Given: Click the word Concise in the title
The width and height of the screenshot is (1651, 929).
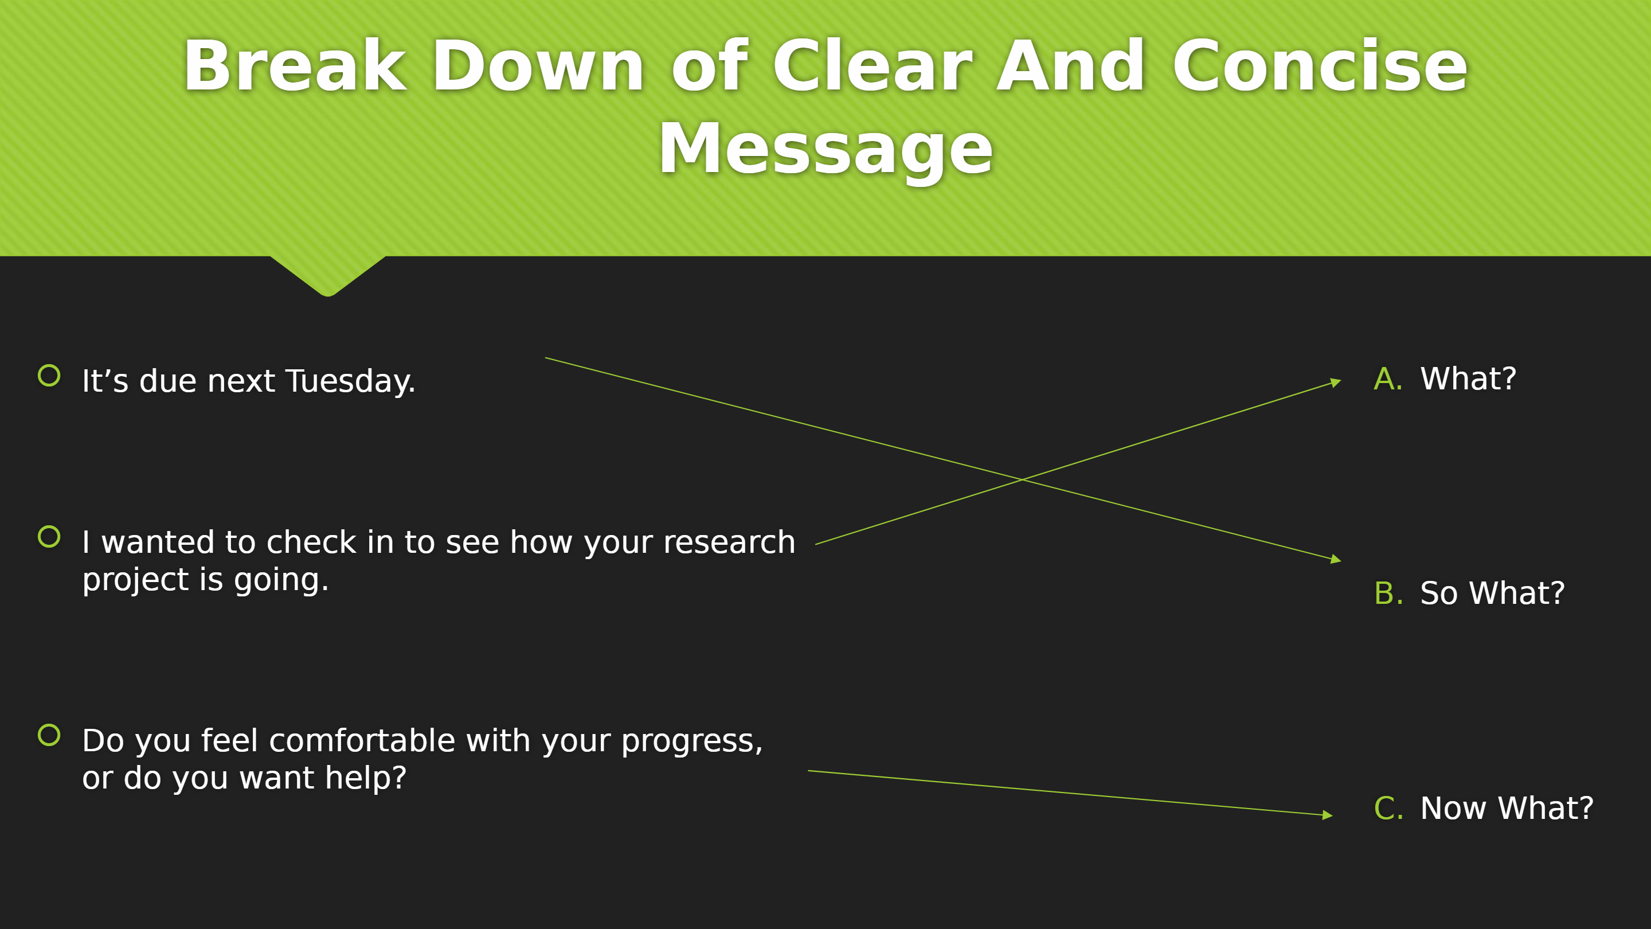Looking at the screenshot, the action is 1320,66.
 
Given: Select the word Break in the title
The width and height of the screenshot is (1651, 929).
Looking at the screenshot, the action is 295,65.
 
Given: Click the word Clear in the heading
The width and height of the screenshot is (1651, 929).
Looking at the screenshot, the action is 873,65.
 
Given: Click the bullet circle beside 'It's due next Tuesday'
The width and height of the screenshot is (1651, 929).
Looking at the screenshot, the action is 49,376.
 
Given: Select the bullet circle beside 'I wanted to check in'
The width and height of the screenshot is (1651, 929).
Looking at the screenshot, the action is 49,537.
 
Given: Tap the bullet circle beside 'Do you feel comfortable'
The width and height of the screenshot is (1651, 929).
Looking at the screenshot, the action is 49,735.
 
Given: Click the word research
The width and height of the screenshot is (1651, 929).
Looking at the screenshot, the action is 729,542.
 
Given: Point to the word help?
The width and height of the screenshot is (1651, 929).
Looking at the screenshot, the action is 365,778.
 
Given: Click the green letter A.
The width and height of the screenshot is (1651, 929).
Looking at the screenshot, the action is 1387,379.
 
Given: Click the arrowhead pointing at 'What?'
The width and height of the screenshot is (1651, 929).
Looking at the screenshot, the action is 1336,382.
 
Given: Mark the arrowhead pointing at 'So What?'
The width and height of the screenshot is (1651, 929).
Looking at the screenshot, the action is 1336,560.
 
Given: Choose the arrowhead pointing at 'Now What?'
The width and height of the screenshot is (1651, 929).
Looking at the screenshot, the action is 1327,815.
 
